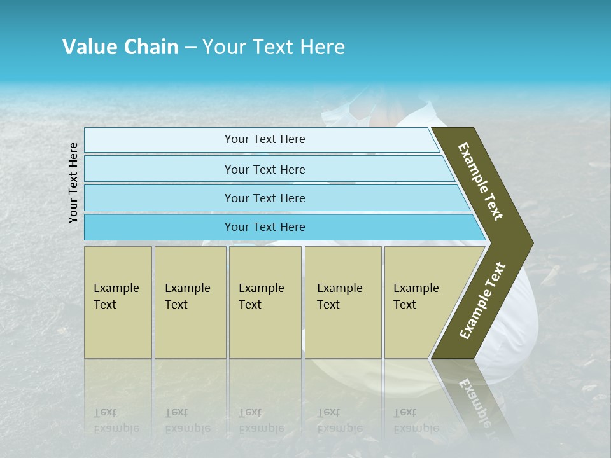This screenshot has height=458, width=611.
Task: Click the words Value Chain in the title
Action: [x=120, y=47]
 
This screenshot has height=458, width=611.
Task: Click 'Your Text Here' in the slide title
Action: [x=274, y=47]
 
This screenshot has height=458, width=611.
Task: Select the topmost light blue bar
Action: [x=264, y=139]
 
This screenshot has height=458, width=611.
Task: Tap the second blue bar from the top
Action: [x=264, y=169]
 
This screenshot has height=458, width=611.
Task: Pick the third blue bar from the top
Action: [x=264, y=198]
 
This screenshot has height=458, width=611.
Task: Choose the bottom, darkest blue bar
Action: [x=264, y=227]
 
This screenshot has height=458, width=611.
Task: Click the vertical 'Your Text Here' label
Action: [x=73, y=183]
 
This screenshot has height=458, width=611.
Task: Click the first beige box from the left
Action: [x=118, y=302]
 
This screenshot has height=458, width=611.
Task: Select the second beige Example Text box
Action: [x=190, y=302]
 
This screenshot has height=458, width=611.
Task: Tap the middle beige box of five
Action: [x=265, y=302]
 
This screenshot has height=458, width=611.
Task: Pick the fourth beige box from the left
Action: [x=343, y=302]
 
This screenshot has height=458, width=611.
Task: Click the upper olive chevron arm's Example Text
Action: [x=481, y=181]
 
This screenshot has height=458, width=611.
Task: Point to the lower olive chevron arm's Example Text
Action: [x=482, y=300]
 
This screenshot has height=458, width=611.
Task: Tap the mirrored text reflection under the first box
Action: [x=116, y=420]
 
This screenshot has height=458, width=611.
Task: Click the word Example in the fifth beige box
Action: [x=416, y=288]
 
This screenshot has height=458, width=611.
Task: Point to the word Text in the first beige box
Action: [x=105, y=305]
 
